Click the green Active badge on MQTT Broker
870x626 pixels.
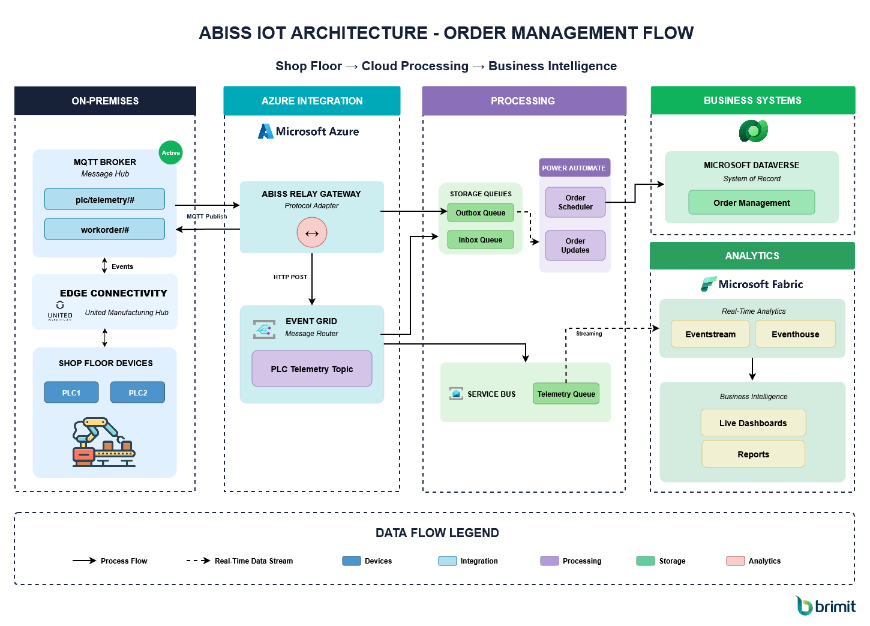coord(170,153)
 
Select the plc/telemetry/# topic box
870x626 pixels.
coord(104,199)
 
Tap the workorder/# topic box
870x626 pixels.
coord(104,229)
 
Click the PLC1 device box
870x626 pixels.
coord(71,393)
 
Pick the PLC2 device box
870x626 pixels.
coord(137,393)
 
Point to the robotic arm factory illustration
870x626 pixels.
coord(104,442)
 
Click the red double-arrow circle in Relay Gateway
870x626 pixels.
coord(312,233)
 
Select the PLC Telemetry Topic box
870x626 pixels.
coord(311,369)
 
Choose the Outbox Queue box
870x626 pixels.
coord(480,212)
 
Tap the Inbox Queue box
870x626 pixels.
coord(480,239)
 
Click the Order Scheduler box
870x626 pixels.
coord(575,202)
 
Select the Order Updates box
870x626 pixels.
coord(575,245)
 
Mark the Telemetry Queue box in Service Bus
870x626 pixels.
coord(566,394)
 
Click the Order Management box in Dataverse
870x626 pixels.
coord(751,203)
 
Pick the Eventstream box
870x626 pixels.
coord(710,334)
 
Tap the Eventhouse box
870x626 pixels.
coord(795,334)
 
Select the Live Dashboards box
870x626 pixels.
coord(753,423)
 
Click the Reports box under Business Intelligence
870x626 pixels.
coord(753,454)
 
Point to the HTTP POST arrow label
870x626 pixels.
coord(290,277)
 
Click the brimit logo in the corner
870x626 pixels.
coord(826,606)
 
